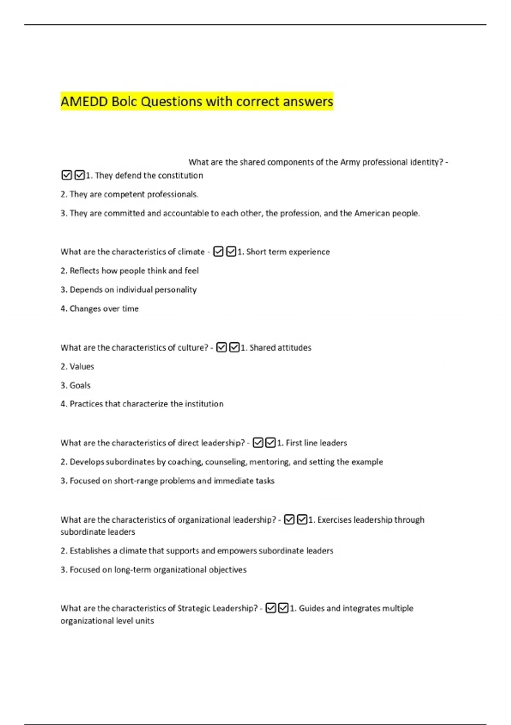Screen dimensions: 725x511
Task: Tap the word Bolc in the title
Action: point(124,102)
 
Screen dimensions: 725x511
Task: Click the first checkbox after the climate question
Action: point(218,252)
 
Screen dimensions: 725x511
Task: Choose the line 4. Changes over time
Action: point(100,309)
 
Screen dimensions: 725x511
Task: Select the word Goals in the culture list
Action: point(80,386)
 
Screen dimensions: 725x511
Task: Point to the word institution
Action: point(203,404)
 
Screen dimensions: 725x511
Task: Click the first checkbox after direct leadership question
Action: point(258,443)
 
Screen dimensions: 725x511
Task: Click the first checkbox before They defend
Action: point(67,175)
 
